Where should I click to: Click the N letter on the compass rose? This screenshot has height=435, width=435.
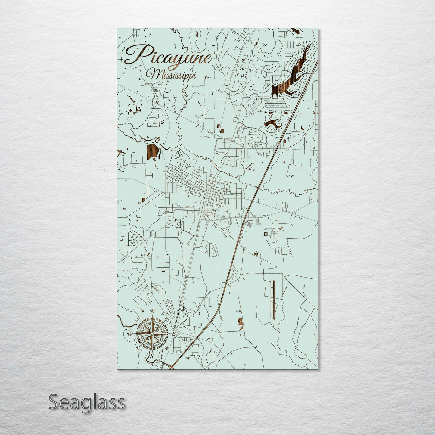(153, 311)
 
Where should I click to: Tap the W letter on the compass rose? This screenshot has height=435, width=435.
(130, 334)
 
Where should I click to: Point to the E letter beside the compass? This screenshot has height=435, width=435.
(174, 334)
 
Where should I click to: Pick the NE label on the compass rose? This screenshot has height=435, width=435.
(166, 320)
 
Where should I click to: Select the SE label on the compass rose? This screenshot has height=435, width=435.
(167, 348)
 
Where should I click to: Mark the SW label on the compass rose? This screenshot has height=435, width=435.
(138, 348)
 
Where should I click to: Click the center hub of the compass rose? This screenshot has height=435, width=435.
(152, 334)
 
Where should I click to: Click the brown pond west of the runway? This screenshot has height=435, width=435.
(241, 322)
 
